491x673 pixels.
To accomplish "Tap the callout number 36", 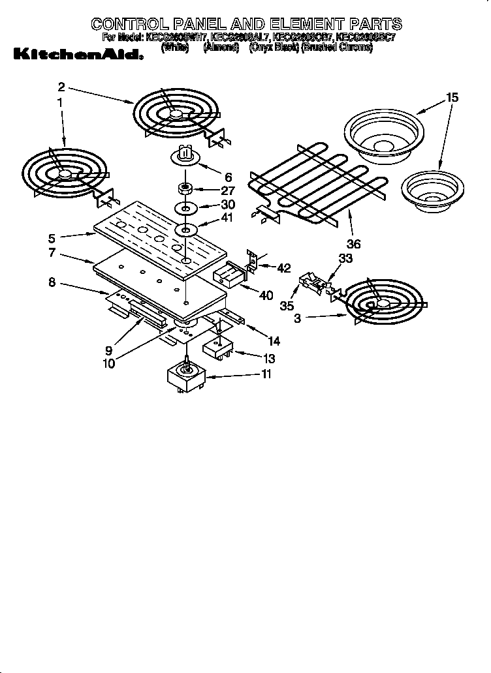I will pyautogui.click(x=353, y=245).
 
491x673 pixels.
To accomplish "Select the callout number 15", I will pyautogui.click(x=452, y=98).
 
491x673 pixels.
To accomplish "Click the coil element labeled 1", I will pyautogui.click(x=62, y=173).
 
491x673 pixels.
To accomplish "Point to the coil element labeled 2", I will pyautogui.click(x=175, y=115).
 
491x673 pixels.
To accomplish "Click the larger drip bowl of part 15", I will pyautogui.click(x=383, y=133).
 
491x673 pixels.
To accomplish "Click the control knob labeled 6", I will pyautogui.click(x=185, y=155).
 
